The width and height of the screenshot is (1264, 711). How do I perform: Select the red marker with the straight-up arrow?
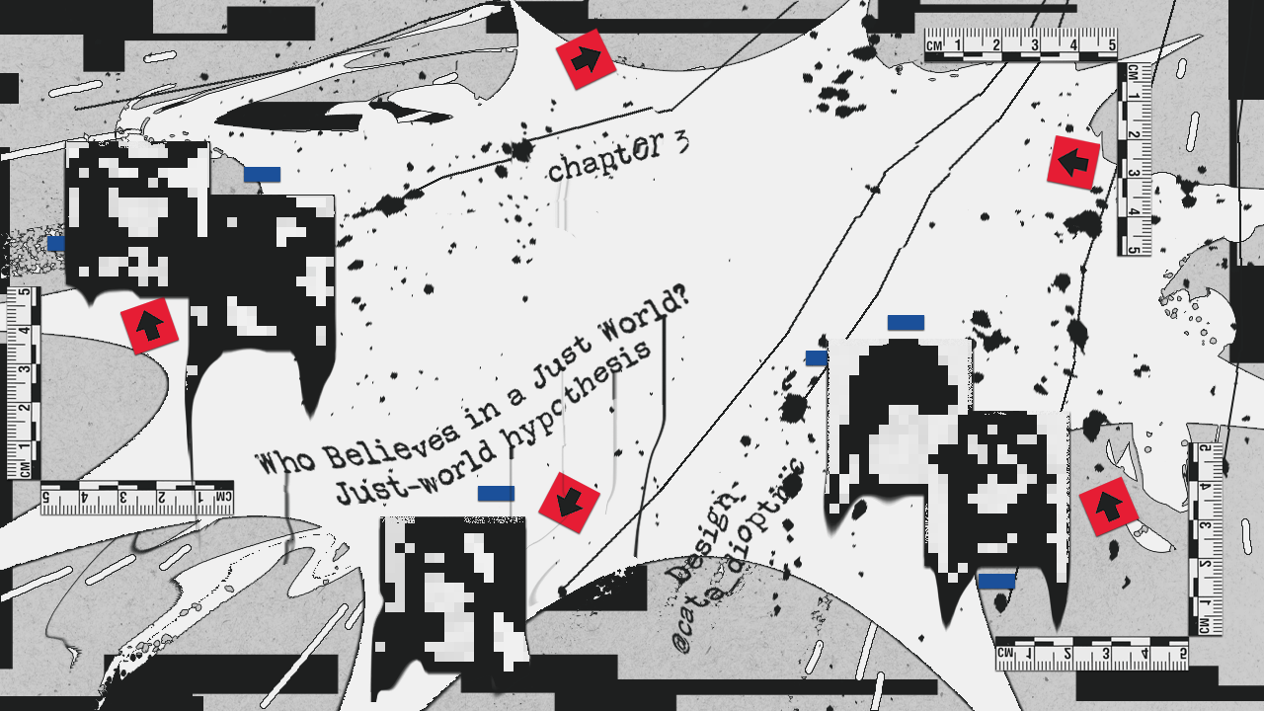coord(149,325)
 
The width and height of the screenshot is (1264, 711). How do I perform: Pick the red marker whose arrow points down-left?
coord(569,503)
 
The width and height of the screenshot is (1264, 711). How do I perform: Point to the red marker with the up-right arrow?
coord(1105,507)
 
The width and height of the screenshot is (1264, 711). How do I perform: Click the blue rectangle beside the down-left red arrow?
coord(496,493)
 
